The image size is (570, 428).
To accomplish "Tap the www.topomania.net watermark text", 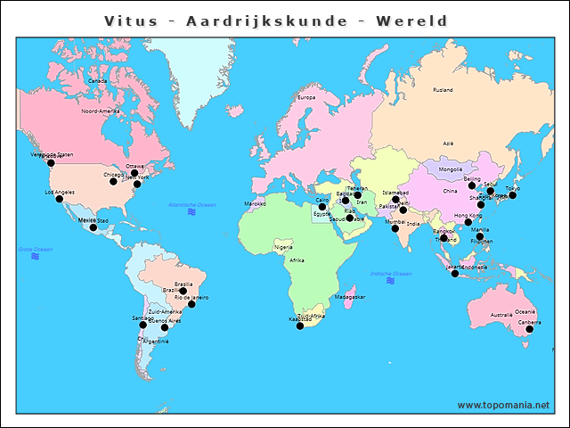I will click(x=503, y=405).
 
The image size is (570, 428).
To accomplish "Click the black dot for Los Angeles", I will click(x=60, y=199).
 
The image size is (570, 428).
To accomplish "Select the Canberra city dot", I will click(x=529, y=329).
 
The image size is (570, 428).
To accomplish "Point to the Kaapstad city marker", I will click(x=299, y=326).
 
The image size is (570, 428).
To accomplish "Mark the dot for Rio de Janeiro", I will click(x=191, y=304).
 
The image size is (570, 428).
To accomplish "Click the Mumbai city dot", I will click(x=395, y=228).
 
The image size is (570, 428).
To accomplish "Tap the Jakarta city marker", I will click(x=455, y=273).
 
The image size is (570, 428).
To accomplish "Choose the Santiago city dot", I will click(x=142, y=325).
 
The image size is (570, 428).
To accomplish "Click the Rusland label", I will click(x=443, y=90).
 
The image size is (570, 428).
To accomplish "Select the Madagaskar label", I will click(x=350, y=297).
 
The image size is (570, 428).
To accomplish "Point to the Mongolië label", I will click(x=451, y=169).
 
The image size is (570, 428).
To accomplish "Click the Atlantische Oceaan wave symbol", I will click(x=192, y=213).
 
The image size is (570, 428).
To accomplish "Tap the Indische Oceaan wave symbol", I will click(x=390, y=281).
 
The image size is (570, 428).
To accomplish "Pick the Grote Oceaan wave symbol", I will click(x=35, y=256).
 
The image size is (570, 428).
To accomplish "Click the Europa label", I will click(x=306, y=97).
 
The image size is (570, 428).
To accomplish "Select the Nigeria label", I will click(x=283, y=246).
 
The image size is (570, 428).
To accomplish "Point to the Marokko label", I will click(x=255, y=203).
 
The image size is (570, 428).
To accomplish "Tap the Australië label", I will click(x=501, y=315).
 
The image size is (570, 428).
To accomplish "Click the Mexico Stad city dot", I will click(x=94, y=227).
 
